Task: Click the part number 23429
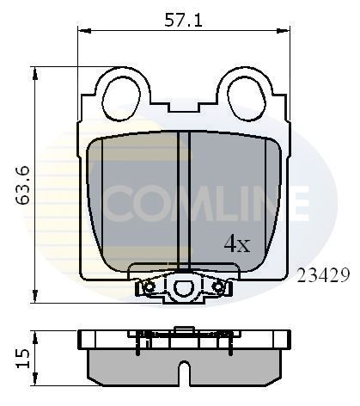(x=321, y=275)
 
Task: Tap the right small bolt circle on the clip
(x=218, y=286)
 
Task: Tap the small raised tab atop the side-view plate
(x=183, y=328)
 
